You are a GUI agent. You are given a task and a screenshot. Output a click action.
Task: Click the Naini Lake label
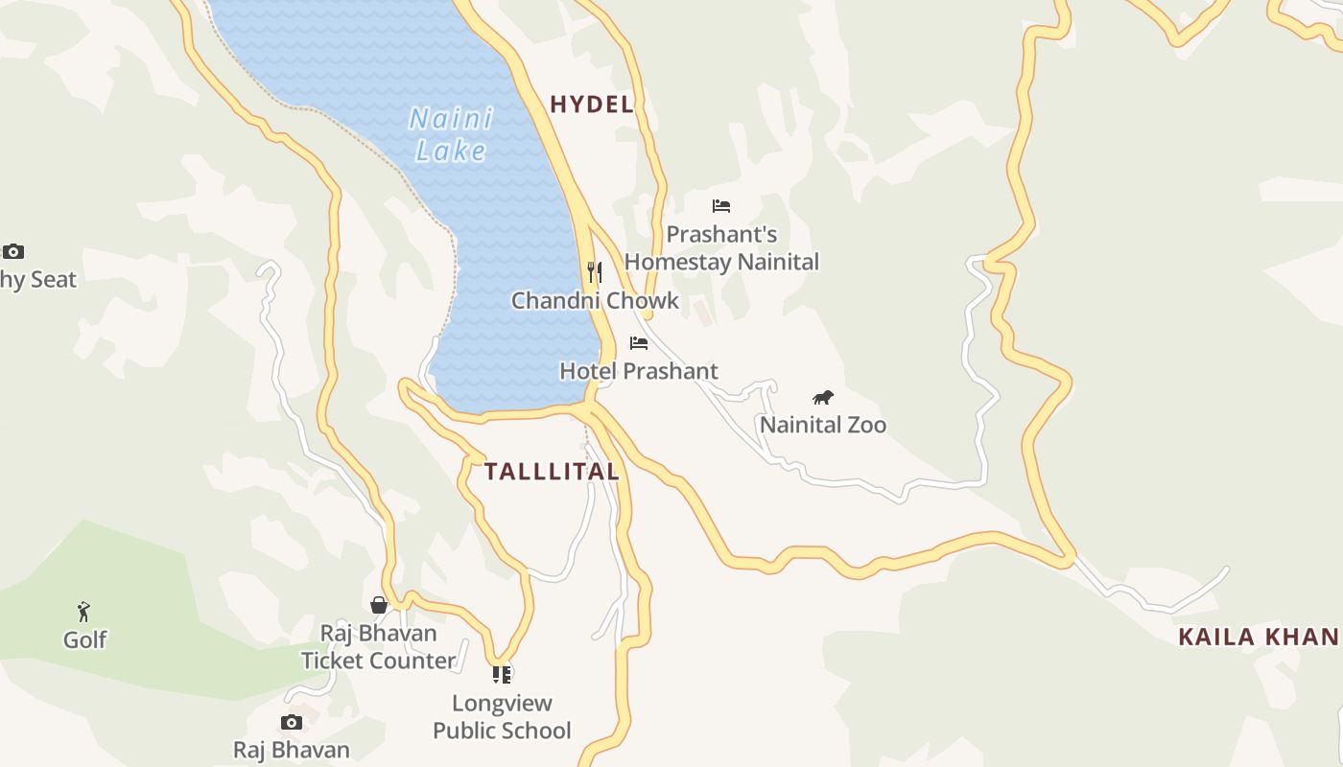coord(451,134)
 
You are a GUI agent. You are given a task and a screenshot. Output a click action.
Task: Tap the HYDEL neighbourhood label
coord(592,105)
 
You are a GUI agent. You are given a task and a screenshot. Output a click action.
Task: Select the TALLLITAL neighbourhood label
coord(552,472)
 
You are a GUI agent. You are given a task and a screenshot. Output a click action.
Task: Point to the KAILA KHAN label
coord(1259,637)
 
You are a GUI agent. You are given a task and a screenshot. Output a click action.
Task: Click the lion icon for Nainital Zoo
coord(823,398)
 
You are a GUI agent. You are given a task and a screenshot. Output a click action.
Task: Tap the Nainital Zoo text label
coord(823,425)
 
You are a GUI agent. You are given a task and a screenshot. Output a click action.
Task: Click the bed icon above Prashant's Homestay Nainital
coord(721,206)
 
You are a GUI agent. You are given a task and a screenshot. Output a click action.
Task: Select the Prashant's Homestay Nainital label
coord(721,248)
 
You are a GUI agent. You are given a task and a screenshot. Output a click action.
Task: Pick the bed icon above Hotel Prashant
coord(639,343)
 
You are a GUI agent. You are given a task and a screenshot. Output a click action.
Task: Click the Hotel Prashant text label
coord(639,371)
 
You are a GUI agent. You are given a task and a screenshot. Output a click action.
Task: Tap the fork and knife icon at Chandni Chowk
coord(595,272)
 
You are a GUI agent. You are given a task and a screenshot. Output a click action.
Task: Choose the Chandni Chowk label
coord(595,301)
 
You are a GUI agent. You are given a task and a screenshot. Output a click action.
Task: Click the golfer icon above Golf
coord(84,611)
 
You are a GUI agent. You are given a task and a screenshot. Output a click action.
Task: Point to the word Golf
coord(84,639)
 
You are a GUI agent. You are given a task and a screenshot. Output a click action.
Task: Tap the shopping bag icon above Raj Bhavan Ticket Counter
coord(379,605)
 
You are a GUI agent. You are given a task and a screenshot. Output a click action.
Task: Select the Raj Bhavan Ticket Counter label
coord(379,647)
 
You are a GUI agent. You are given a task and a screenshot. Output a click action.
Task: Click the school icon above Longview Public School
coord(502,675)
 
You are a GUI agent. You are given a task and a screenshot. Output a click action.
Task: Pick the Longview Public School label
coord(502,717)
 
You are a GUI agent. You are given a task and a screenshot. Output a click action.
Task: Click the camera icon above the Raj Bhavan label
coord(292,722)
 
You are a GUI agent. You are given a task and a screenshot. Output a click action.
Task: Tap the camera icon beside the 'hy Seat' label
coord(13,252)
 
